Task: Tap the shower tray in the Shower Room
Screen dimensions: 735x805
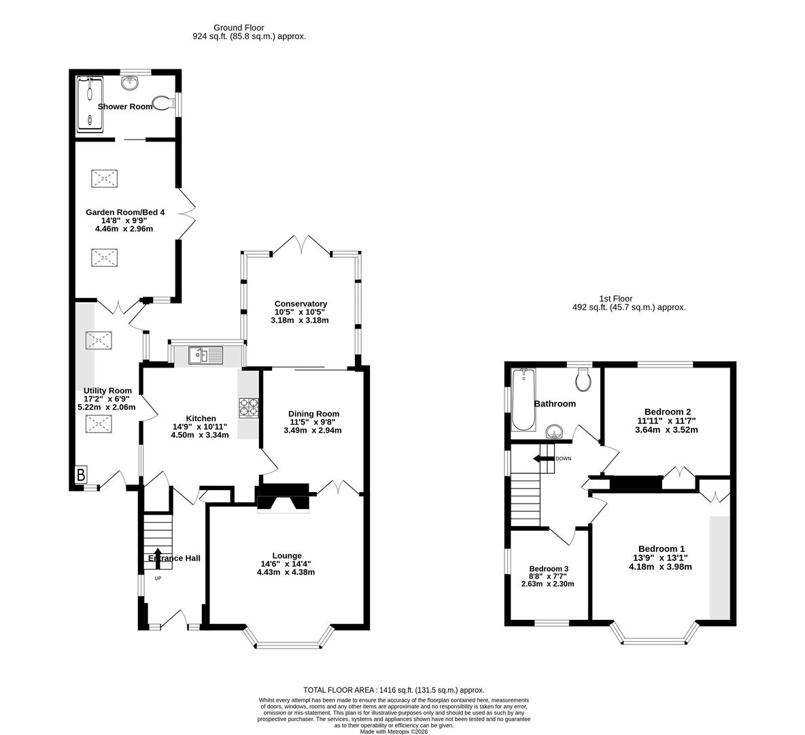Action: point(90,103)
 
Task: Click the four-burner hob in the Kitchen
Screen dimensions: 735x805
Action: point(248,406)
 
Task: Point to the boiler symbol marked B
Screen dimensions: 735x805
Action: point(81,475)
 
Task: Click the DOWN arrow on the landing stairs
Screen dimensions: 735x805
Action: point(544,459)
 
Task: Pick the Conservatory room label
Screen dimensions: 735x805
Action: point(301,304)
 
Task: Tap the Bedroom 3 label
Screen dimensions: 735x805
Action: point(549,569)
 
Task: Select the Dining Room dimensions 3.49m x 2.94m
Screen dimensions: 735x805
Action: point(313,430)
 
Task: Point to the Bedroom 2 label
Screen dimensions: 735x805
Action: point(668,412)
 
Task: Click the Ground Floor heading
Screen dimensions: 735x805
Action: point(220,28)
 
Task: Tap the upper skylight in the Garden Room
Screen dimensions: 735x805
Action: point(104,179)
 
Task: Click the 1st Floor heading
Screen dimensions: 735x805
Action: point(615,298)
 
